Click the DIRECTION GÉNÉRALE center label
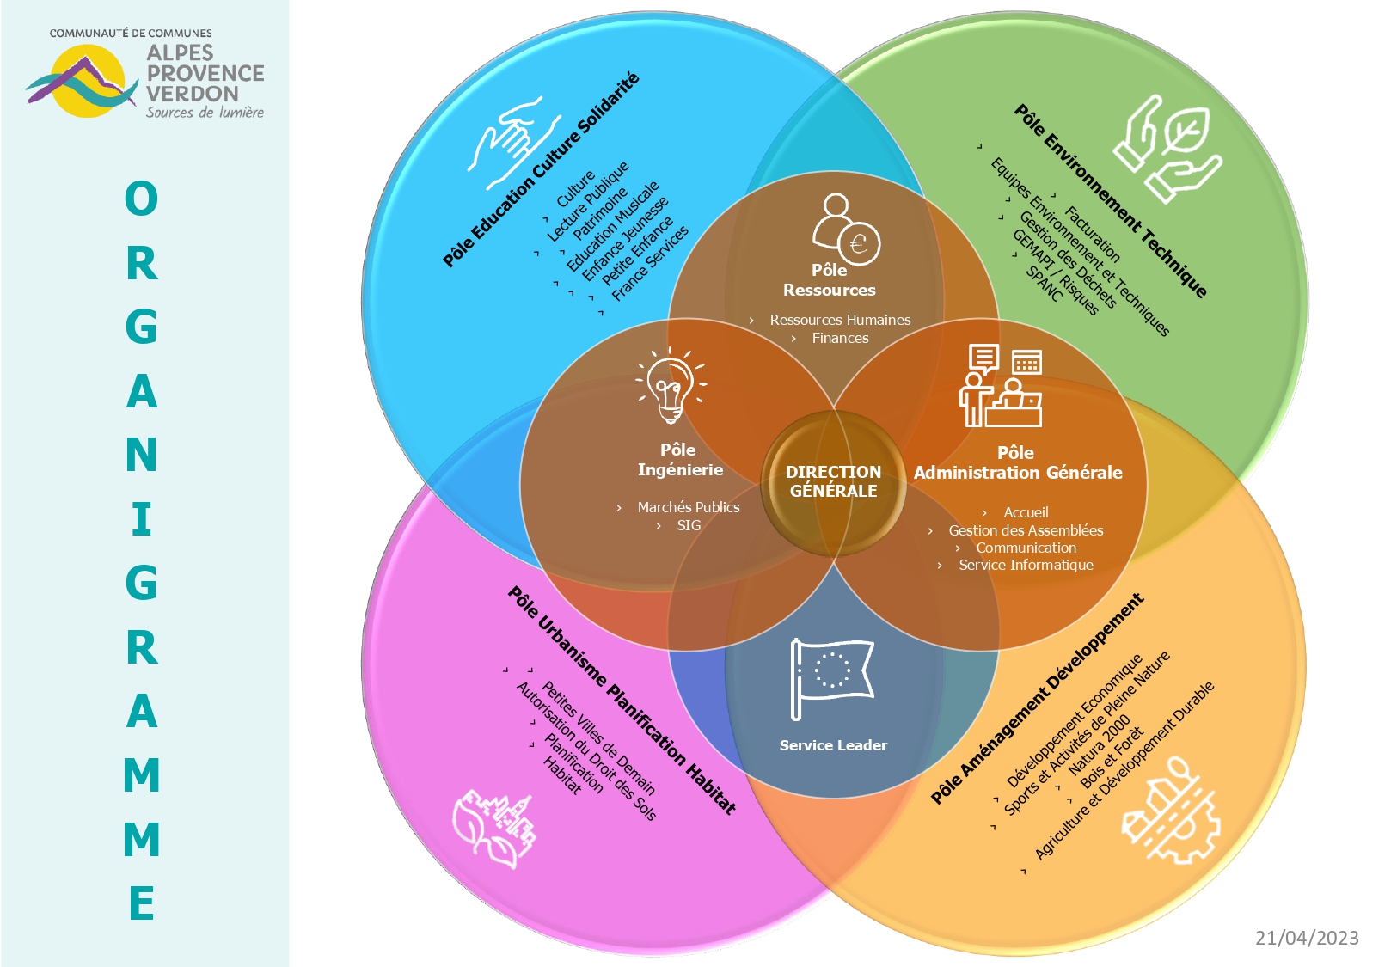833,481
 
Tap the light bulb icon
671,386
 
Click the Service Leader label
833,745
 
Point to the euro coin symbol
859,242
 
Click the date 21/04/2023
1307,938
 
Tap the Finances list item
840,338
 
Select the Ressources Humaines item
840,320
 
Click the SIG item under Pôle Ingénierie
689,525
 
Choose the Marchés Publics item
689,507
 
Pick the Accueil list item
1026,512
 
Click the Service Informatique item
1026,565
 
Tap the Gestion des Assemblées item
1026,530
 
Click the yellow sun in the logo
88,81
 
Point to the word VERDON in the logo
193,94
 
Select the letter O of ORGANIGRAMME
142,199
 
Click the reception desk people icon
1001,385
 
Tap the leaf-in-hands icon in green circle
1167,149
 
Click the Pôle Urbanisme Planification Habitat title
622,701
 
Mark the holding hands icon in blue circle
514,143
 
